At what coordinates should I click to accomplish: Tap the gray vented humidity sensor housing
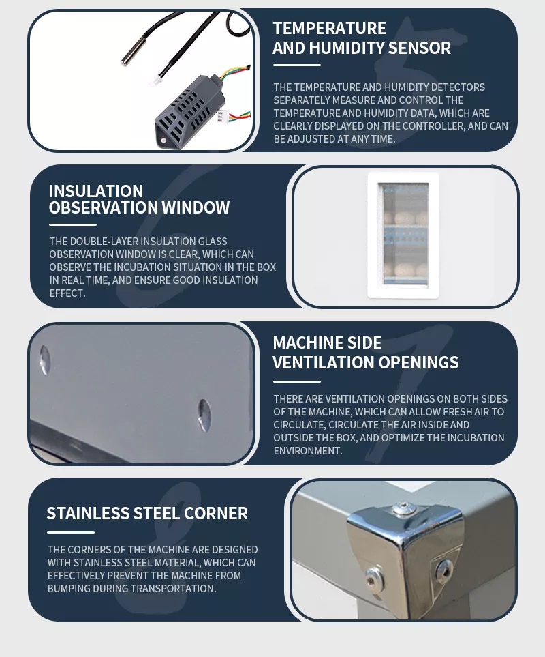tap(184, 112)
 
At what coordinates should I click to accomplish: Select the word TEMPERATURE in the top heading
tap(330, 28)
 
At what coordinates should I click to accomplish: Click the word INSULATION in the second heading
tap(96, 191)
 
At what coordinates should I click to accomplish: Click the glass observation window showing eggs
tap(403, 235)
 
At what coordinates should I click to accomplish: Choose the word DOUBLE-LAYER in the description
tap(106, 242)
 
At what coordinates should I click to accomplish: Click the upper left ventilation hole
tap(44, 360)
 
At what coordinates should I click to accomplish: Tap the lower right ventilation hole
tap(204, 414)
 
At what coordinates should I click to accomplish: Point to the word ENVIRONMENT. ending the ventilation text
tap(308, 451)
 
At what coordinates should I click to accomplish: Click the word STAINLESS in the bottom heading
tap(88, 513)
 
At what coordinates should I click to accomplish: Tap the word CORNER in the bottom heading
tap(216, 513)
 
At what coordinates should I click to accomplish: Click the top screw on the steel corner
tap(404, 508)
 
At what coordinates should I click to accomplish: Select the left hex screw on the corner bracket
tap(373, 579)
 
